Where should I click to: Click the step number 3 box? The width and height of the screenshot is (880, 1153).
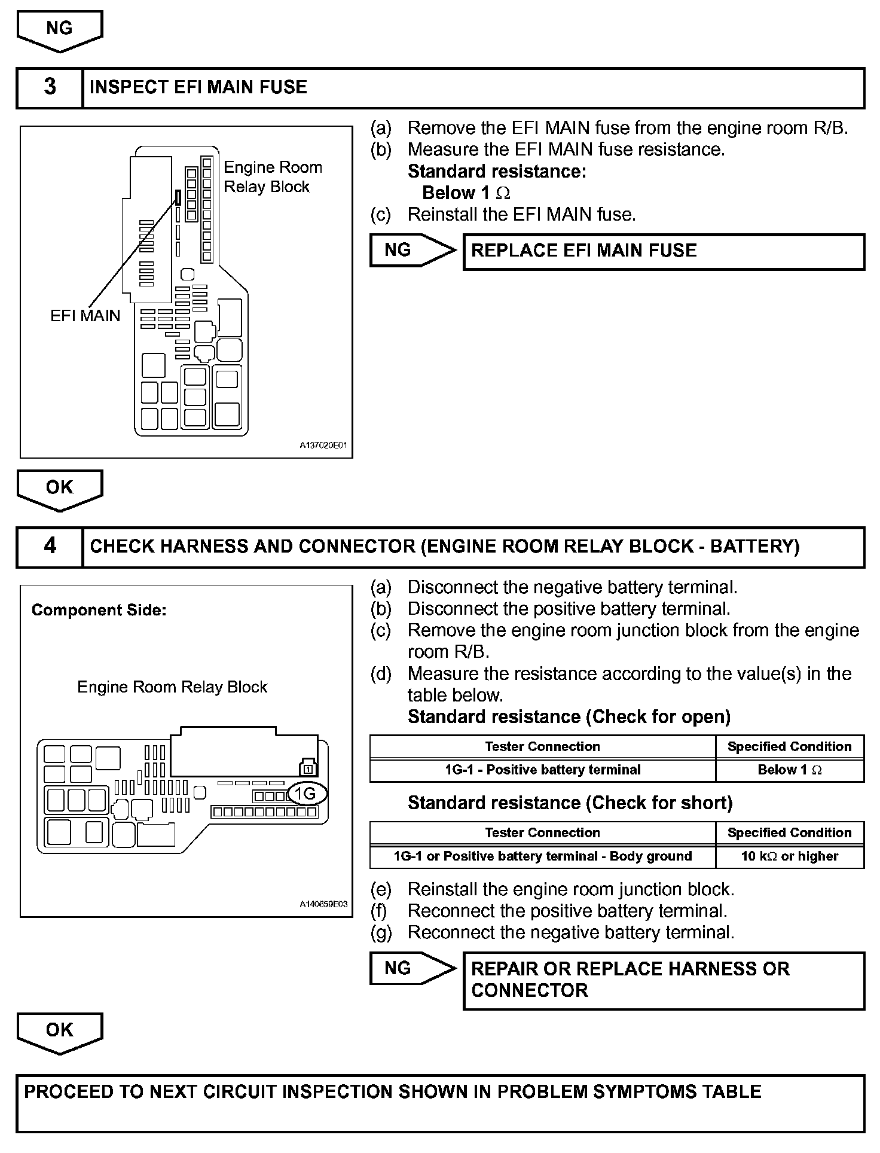tap(50, 87)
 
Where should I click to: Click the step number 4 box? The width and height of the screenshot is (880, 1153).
tap(50, 547)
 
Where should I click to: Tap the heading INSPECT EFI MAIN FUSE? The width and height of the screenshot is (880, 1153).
tap(198, 87)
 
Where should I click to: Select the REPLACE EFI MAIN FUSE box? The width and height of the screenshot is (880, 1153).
tap(663, 251)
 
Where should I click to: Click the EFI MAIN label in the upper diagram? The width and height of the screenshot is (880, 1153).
tap(85, 316)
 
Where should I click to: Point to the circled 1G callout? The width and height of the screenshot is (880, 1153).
tap(307, 794)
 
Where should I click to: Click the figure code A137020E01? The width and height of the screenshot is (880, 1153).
tap(323, 446)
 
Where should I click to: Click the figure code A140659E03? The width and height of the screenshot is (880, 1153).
tap(323, 904)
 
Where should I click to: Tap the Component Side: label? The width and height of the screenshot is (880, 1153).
tap(99, 610)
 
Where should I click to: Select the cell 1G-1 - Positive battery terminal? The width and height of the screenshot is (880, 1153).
tap(542, 770)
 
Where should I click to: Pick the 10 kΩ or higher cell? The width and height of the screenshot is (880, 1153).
tap(789, 856)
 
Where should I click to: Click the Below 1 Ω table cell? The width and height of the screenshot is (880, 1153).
tap(789, 770)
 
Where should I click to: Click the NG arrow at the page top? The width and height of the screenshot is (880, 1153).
tap(59, 30)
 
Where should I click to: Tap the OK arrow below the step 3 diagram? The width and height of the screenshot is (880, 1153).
tap(59, 489)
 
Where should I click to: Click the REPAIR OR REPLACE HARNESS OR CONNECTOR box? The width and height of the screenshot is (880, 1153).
tap(663, 981)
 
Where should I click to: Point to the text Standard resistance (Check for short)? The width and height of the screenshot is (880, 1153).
tap(570, 803)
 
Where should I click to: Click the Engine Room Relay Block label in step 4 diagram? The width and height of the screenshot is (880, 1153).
tap(172, 687)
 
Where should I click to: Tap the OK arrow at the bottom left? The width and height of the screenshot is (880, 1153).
tap(59, 1032)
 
